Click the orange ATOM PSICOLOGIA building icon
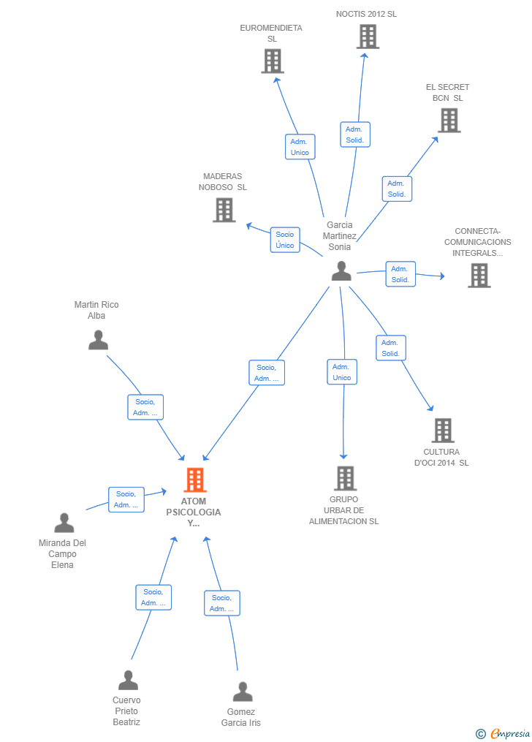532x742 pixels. click(x=195, y=480)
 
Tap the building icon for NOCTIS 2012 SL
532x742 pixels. click(x=368, y=37)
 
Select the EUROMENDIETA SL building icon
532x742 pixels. click(x=273, y=61)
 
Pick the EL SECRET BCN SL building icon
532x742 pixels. click(x=449, y=120)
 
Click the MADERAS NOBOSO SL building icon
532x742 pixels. click(x=224, y=210)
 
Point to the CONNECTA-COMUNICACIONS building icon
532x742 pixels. click(x=479, y=276)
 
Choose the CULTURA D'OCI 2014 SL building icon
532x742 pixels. click(x=443, y=430)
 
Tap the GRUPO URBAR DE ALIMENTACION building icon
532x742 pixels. click(x=345, y=478)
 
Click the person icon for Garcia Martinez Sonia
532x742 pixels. click(x=341, y=270)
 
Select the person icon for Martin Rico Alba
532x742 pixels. click(x=99, y=340)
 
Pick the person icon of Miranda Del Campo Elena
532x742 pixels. click(x=64, y=523)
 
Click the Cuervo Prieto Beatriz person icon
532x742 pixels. click(x=128, y=680)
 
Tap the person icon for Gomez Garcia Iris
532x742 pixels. click(x=243, y=692)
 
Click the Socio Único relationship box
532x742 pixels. click(x=285, y=240)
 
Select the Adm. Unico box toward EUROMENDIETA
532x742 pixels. click(x=300, y=147)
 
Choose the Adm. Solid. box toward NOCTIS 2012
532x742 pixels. click(x=354, y=135)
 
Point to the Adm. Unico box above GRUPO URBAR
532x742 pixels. click(x=342, y=372)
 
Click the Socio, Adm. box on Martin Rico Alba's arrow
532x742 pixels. click(x=145, y=407)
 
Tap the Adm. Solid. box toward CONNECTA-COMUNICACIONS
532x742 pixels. click(x=400, y=274)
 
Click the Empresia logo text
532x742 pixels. click(x=510, y=733)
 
